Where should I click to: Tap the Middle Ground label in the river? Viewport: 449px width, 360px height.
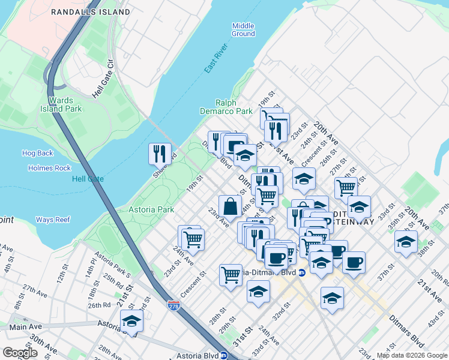(243, 29)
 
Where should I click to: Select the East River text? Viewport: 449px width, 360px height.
(212, 61)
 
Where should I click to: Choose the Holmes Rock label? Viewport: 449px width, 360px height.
(49, 168)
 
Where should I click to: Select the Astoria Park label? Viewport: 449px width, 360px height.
(151, 209)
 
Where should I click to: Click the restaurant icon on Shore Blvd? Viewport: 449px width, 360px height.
(160, 154)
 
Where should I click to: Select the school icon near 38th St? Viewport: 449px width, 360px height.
(406, 242)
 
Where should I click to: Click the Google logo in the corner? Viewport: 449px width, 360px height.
(20, 353)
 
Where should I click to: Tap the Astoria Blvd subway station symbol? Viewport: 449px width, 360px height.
(223, 355)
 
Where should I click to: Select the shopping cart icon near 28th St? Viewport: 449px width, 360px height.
(231, 275)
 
